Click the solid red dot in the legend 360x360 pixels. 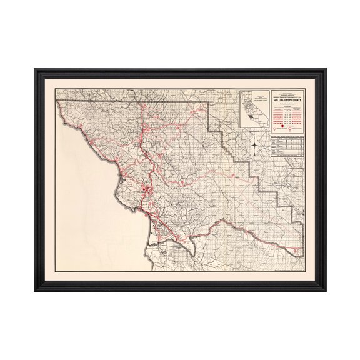point(282,126)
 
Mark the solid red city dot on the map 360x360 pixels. point(143,189)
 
